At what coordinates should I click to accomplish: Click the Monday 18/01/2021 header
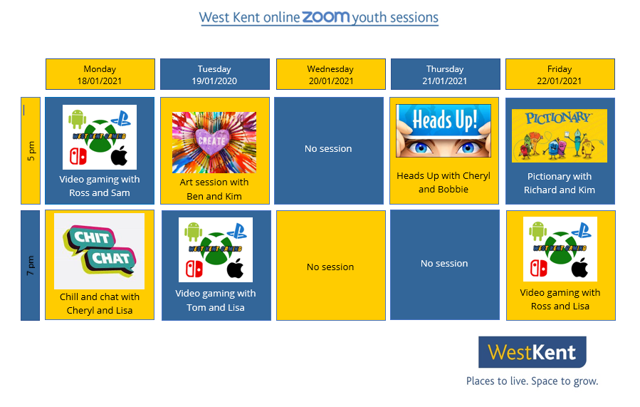coord(100,74)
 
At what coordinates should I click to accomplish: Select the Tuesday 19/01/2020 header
coord(215,74)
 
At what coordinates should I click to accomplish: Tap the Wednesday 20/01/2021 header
coord(330,74)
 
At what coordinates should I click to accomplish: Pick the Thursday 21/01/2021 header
coord(446,74)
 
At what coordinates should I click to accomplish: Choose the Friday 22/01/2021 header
coord(560,74)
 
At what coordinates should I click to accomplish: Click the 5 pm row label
coord(31,150)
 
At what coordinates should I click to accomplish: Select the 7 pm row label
coord(31,265)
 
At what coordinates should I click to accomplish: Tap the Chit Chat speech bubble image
coord(99,251)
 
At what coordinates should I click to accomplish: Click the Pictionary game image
coord(559,135)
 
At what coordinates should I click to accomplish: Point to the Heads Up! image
coord(444,130)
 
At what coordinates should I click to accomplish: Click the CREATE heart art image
coord(214,143)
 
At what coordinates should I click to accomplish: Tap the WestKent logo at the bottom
coord(533,352)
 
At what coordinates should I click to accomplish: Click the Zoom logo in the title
coord(326,17)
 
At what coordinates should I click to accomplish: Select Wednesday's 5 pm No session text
coord(328,149)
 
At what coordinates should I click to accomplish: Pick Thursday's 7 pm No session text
coord(444,264)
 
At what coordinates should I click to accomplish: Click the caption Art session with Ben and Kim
coord(214,189)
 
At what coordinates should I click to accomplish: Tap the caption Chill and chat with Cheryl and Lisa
coord(100,304)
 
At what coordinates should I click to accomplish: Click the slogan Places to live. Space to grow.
coord(533,381)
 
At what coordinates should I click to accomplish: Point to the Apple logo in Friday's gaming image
coord(579,268)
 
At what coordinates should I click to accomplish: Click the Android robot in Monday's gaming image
coord(77,119)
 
